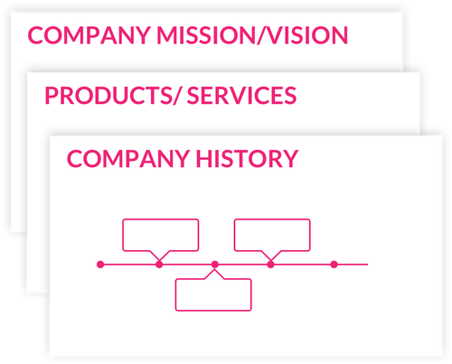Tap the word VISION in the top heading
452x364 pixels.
pos(306,35)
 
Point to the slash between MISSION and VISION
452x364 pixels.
pos(260,35)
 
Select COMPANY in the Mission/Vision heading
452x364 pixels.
pos(89,35)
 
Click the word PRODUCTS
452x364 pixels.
pos(108,96)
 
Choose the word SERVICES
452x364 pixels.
pos(241,96)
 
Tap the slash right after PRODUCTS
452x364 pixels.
pos(177,96)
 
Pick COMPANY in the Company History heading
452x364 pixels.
pos(128,159)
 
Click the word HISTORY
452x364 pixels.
pos(247,159)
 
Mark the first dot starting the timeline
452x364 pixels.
pos(100,265)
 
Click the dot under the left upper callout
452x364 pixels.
pos(159,265)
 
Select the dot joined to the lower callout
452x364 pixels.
pos(215,265)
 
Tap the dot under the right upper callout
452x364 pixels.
pos(270,265)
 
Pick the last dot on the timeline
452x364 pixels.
pos(334,265)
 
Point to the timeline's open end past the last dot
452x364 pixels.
pos(367,265)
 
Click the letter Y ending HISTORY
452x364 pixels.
pos(291,159)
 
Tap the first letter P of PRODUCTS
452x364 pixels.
pos(52,96)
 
